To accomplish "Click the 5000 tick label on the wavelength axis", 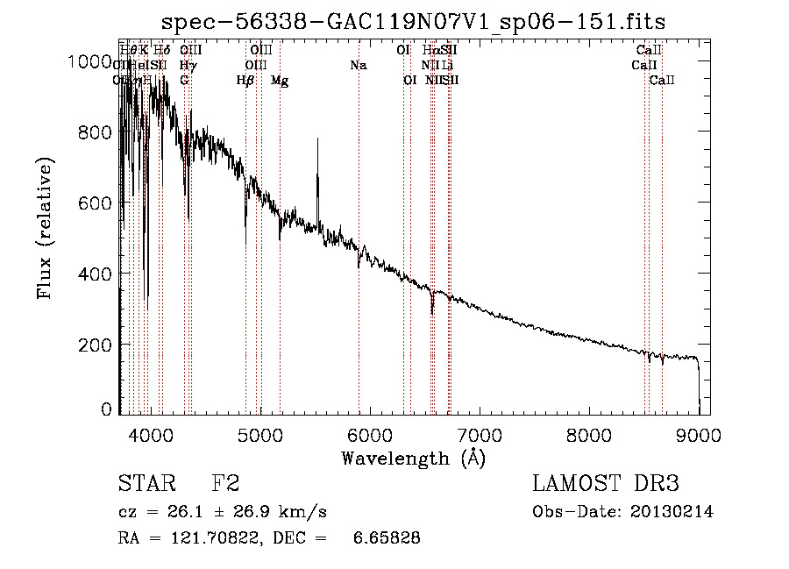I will click(259, 434).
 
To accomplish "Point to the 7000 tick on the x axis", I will click(480, 434).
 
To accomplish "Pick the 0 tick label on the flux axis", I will click(107, 409).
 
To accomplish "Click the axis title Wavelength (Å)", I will click(413, 458).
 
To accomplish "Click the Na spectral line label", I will click(358, 65).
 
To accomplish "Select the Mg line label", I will click(280, 81).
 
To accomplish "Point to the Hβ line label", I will click(245, 81).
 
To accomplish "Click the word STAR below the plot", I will click(146, 484).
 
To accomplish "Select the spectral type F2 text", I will click(225, 484).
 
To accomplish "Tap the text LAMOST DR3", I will click(606, 484).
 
